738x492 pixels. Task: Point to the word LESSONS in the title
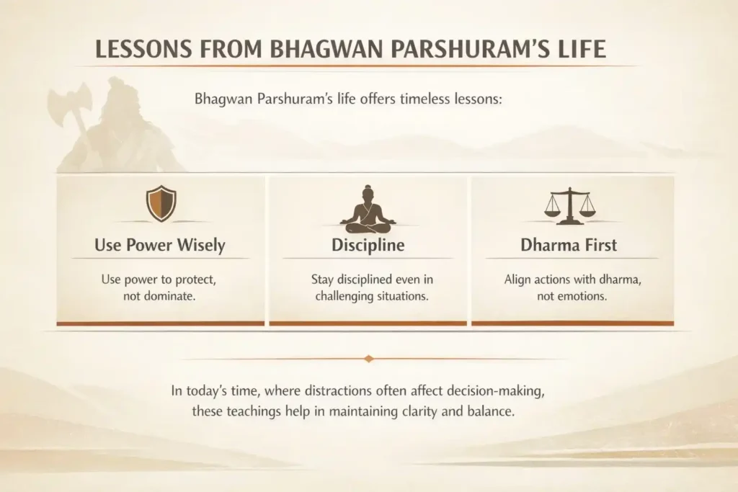tap(136, 50)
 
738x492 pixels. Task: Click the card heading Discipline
tap(368, 245)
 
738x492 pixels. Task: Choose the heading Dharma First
tap(569, 245)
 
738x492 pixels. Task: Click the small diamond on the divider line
tap(369, 358)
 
